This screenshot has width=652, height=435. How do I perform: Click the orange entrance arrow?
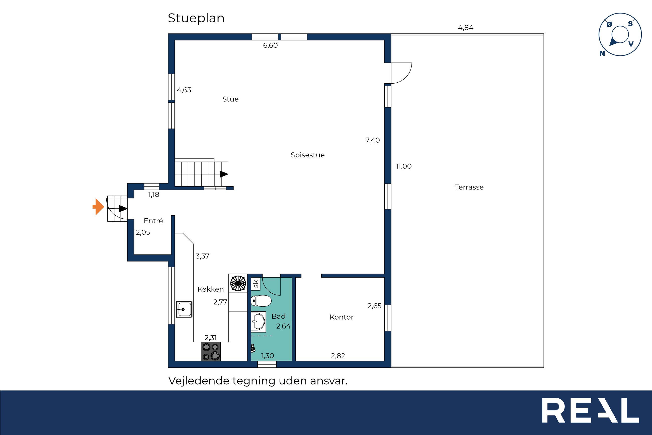click(98, 207)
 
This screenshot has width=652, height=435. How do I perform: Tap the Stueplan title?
click(196, 19)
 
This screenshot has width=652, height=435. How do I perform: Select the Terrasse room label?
click(469, 187)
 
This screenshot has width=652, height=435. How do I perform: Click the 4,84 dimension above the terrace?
click(465, 28)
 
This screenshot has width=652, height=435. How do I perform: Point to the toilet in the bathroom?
click(261, 301)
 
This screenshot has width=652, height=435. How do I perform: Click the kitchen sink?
click(184, 309)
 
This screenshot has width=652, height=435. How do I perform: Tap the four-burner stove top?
click(211, 351)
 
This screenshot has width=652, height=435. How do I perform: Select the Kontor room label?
click(341, 317)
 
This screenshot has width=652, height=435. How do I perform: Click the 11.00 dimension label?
click(403, 166)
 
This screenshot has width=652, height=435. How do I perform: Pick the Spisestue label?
click(308, 155)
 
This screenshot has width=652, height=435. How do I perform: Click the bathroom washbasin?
click(258, 322)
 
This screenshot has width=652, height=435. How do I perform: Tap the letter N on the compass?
click(602, 53)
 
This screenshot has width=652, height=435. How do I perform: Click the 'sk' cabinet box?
click(256, 284)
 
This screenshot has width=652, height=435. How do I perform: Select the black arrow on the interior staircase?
click(224, 174)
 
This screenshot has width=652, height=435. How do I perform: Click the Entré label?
click(153, 221)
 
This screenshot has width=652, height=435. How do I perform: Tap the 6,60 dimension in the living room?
click(270, 45)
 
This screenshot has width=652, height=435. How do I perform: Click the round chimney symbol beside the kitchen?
click(238, 284)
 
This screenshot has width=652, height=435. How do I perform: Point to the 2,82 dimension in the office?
click(338, 356)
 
